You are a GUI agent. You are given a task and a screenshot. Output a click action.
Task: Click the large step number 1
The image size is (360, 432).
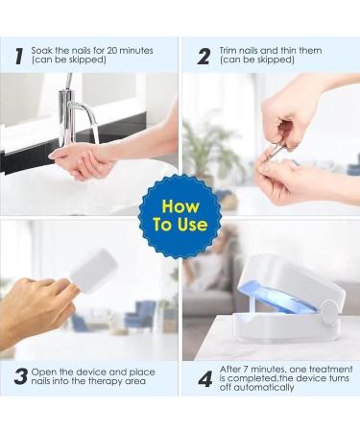(x=19, y=57)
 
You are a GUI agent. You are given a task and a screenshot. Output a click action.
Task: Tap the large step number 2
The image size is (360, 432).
(x=204, y=57)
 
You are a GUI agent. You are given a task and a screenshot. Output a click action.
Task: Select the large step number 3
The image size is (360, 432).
(x=21, y=376)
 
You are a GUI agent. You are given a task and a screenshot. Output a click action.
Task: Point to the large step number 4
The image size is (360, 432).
(x=205, y=379)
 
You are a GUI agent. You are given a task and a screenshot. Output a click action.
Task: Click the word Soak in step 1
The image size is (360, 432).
(x=42, y=51)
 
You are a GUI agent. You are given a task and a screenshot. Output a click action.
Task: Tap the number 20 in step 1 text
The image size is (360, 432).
(x=112, y=51)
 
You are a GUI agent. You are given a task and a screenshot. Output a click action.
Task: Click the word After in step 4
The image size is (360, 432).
(x=230, y=370)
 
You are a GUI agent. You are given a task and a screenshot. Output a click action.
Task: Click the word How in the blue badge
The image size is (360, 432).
(x=180, y=206)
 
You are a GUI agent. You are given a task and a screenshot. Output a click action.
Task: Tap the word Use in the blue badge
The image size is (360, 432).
(x=192, y=224)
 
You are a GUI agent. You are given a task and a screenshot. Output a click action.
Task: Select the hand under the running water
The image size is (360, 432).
(x=80, y=162)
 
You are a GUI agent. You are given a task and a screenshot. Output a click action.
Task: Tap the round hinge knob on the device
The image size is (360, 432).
(x=329, y=311)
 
